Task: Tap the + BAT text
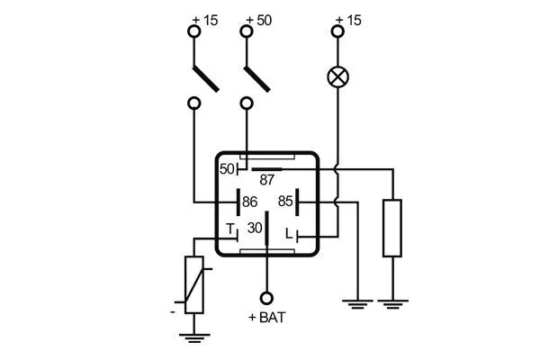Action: (x=265, y=319)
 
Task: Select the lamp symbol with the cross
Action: (x=338, y=76)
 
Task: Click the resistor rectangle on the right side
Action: (x=391, y=229)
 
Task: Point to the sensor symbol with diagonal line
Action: (x=194, y=284)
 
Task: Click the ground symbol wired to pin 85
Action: (x=357, y=303)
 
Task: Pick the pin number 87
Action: (x=266, y=180)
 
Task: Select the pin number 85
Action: (x=285, y=202)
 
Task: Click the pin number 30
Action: (x=255, y=229)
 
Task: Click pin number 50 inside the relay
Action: (x=227, y=168)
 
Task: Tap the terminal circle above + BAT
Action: (x=265, y=298)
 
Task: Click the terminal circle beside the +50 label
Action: (x=247, y=31)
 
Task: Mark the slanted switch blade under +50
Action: (x=258, y=76)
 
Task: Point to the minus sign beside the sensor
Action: (x=171, y=311)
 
